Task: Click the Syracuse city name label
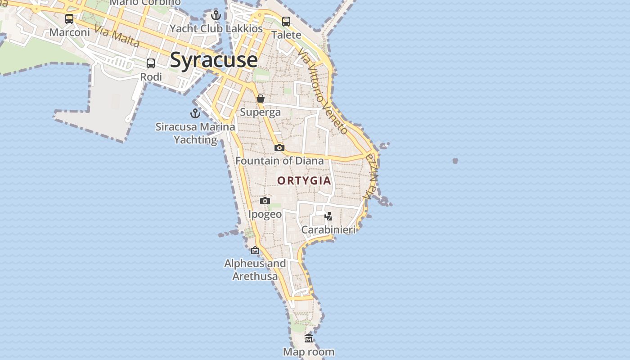[x=214, y=60]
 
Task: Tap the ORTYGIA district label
[x=304, y=181]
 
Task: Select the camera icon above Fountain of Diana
[x=279, y=148]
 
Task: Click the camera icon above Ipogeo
[x=265, y=201]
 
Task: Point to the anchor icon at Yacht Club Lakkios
[x=216, y=16]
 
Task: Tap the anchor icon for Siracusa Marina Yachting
[x=195, y=113]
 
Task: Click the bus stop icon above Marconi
[x=69, y=19]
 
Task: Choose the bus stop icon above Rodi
[x=151, y=63]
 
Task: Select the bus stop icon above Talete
[x=286, y=21]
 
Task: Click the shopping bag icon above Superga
[x=261, y=99]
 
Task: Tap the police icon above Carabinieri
[x=328, y=216]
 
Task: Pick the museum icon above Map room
[x=309, y=338]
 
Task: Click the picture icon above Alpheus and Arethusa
[x=255, y=250]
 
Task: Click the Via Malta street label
[x=117, y=36]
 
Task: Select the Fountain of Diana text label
[x=279, y=161]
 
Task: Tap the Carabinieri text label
[x=328, y=229]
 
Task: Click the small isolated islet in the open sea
[x=455, y=161]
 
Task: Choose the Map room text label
[x=309, y=352]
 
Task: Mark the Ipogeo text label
[x=265, y=214]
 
